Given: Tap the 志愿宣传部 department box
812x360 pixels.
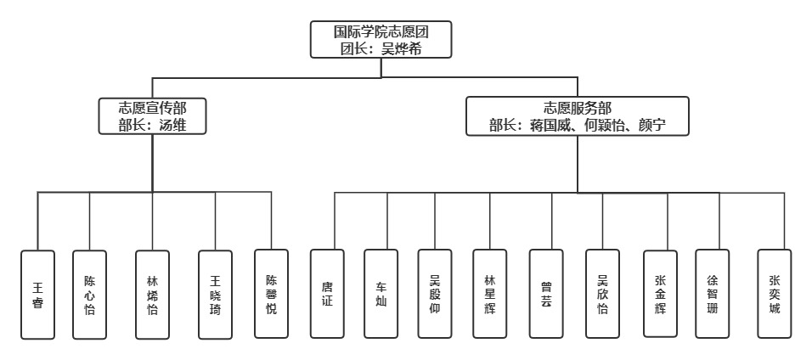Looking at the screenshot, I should pyautogui.click(x=153, y=117).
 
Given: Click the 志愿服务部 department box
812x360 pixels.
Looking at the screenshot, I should pyautogui.click(x=578, y=117).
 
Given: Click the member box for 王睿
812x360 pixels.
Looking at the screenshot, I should pyautogui.click(x=37, y=294).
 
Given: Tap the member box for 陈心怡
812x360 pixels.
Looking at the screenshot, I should pyautogui.click(x=89, y=294).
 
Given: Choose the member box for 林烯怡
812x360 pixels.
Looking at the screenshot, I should pyautogui.click(x=153, y=294).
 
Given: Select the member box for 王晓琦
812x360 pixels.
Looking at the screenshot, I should pyautogui.click(x=215, y=294).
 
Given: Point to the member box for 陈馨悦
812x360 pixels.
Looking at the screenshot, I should pyautogui.click(x=271, y=294).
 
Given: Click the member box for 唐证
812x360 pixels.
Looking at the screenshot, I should pyautogui.click(x=327, y=294).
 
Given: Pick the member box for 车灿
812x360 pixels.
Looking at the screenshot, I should pyautogui.click(x=381, y=294).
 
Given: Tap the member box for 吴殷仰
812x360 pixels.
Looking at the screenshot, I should pyautogui.click(x=435, y=294).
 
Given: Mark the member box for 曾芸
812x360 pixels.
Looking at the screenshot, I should pyautogui.click(x=546, y=294).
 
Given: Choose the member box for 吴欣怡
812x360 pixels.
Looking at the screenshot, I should pyautogui.click(x=602, y=294).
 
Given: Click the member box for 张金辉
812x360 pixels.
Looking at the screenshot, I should pyautogui.click(x=660, y=294).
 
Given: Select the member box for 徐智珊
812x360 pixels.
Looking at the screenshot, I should pyautogui.click(x=712, y=294).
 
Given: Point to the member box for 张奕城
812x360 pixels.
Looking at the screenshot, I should pyautogui.click(x=774, y=294).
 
